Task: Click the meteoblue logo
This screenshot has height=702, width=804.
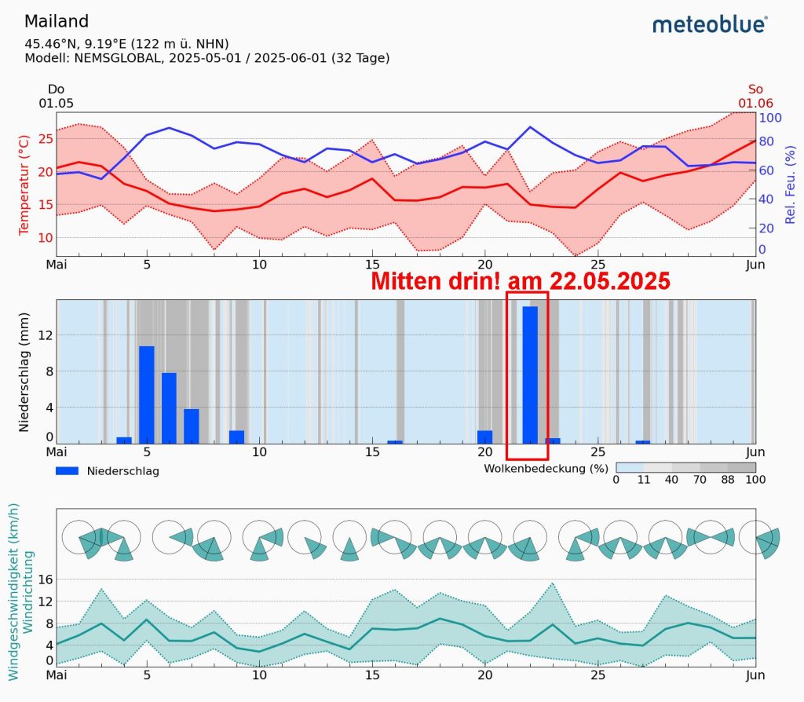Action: [709, 25]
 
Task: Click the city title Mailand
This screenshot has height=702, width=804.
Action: [57, 21]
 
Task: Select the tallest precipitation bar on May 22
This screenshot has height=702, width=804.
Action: [530, 374]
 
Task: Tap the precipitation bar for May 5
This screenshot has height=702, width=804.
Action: [147, 393]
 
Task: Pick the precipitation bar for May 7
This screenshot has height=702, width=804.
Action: [192, 425]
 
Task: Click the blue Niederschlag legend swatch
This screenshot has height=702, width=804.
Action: [67, 471]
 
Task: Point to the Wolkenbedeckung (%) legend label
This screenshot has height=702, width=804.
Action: [546, 468]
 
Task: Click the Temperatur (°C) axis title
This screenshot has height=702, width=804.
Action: [24, 184]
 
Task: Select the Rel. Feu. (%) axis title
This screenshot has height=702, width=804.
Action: [791, 184]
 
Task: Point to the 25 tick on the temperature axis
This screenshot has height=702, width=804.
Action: [45, 138]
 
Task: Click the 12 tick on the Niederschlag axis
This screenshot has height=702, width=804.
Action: [45, 335]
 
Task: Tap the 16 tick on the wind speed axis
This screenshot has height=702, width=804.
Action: [45, 580]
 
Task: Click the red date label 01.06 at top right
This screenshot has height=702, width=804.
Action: [755, 103]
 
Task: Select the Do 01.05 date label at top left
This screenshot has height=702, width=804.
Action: [56, 97]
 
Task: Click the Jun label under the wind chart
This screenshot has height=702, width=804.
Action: [755, 675]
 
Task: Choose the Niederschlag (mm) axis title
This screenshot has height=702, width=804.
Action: [24, 371]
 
